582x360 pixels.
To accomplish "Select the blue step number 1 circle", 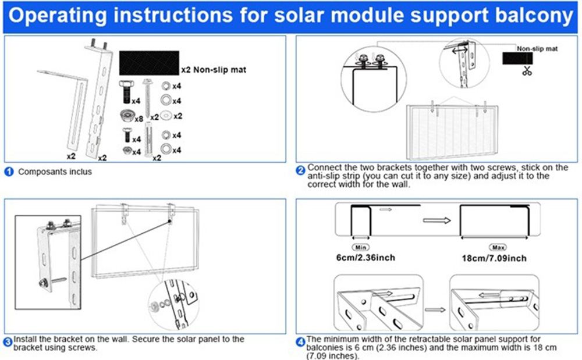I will [9, 172].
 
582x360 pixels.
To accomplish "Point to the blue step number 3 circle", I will [8, 341].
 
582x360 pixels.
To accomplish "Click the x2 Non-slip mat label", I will [213, 70].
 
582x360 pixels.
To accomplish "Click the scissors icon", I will [527, 72].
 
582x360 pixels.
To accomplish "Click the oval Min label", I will [361, 247].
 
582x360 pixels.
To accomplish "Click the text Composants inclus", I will [55, 172].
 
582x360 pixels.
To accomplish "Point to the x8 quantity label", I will [139, 119].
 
